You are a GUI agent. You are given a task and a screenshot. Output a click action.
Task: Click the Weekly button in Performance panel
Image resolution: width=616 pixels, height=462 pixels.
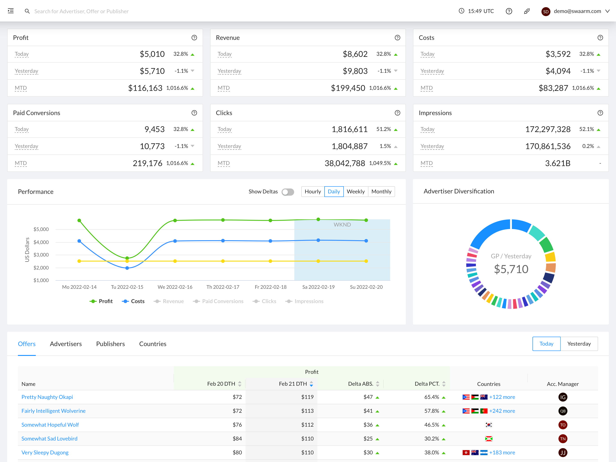355,192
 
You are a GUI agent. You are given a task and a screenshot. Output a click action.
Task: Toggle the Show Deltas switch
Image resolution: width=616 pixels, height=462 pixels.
288,192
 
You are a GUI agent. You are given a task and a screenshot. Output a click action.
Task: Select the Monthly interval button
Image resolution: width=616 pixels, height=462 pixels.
381,192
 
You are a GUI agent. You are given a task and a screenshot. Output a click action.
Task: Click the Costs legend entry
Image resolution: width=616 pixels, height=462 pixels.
133,301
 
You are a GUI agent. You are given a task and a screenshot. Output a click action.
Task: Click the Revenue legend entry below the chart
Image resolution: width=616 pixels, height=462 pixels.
169,301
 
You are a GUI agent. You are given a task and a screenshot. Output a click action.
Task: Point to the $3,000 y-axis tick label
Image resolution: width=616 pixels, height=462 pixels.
41,255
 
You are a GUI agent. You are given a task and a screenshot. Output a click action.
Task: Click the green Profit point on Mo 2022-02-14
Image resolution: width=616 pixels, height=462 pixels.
79,220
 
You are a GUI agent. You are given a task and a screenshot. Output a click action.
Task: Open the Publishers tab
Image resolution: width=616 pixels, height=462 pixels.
110,344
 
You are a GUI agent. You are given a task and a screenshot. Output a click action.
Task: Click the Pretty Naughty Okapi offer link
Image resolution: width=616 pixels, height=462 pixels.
47,397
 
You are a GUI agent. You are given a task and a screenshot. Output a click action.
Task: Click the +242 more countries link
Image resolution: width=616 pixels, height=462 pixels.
502,411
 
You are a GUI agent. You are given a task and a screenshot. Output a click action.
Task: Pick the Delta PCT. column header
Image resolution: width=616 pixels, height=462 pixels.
427,384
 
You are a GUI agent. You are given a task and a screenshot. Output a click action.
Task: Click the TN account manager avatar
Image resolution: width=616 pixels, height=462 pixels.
563,438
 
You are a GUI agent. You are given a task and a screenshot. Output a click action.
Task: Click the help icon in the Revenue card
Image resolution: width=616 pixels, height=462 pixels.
397,38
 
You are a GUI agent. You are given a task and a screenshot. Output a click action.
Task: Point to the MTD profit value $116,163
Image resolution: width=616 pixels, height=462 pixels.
145,88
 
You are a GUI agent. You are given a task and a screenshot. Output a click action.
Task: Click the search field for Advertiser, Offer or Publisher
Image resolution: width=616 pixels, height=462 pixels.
81,11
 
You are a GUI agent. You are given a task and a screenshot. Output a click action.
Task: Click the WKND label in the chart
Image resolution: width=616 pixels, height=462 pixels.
342,225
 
